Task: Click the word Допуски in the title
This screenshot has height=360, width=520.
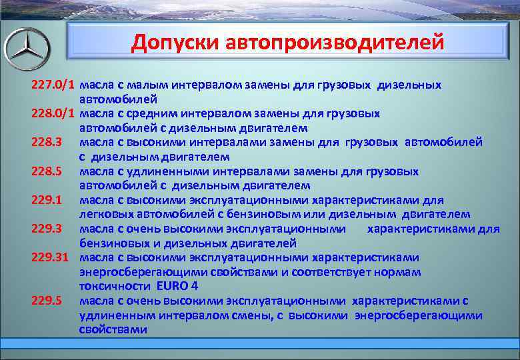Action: tap(175, 42)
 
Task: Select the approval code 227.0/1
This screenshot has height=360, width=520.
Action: tap(53, 85)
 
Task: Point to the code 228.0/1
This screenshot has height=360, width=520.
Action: tap(53, 114)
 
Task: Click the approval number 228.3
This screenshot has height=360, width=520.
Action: tap(47, 143)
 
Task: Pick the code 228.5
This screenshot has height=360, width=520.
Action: tap(47, 171)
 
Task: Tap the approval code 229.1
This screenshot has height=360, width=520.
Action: tap(47, 200)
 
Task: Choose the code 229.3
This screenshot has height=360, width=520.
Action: tap(47, 229)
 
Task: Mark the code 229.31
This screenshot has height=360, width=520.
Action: tap(50, 257)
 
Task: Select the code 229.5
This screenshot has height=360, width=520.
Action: tap(47, 301)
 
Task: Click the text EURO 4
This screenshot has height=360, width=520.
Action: tap(177, 287)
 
